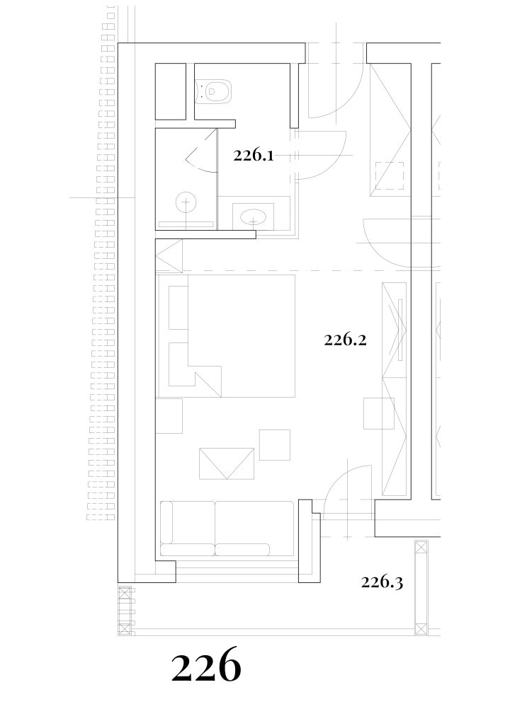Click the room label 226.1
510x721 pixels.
(x=253, y=156)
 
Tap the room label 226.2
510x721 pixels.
(x=345, y=340)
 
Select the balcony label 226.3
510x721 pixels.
(x=382, y=582)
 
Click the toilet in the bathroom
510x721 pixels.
(x=214, y=91)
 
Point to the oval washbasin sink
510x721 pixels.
(x=253, y=216)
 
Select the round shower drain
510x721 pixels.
(x=186, y=202)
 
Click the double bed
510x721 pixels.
(x=226, y=335)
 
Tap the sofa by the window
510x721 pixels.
(x=227, y=529)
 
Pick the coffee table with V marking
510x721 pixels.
(x=227, y=463)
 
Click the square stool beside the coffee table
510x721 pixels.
(x=274, y=444)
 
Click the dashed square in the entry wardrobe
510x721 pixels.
(x=390, y=175)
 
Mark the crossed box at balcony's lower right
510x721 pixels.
(x=421, y=629)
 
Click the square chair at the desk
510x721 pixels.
(x=379, y=413)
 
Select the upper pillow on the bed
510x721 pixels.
(x=178, y=308)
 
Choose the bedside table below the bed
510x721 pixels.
(x=169, y=415)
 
